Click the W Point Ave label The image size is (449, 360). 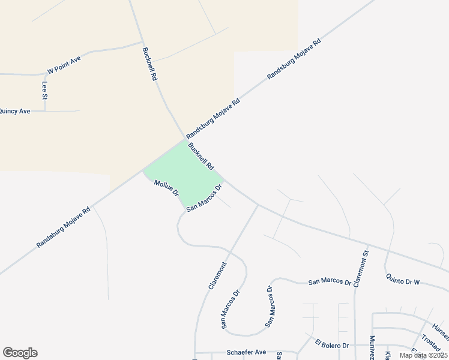tap(64, 64)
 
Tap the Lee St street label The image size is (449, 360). tap(44, 90)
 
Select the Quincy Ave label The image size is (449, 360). tap(14, 111)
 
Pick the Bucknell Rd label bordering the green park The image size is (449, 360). tap(200, 157)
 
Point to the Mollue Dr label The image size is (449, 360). tap(166, 188)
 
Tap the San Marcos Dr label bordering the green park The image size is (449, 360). tap(205, 198)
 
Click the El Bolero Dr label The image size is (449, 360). tap(332, 345)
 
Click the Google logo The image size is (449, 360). tap(20, 353)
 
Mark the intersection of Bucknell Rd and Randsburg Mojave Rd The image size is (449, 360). tap(184, 140)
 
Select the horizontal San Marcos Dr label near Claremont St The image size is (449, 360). tap(329, 281)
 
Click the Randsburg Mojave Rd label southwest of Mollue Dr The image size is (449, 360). tap(63, 227)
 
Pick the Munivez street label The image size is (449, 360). tap(373, 349)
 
